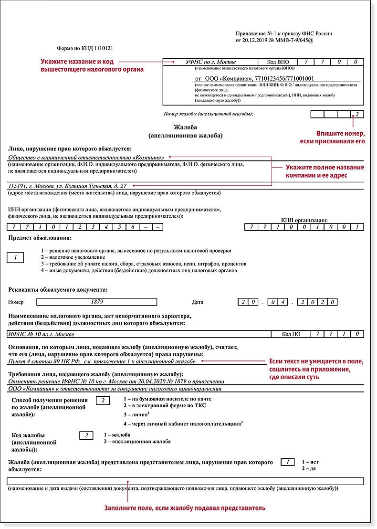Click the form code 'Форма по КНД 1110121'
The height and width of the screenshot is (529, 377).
click(84, 48)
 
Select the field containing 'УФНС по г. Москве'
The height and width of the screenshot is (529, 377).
click(210, 62)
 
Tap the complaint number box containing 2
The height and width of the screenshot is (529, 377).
click(357, 114)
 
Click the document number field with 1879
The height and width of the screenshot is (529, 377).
click(97, 302)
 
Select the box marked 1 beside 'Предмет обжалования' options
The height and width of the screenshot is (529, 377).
click(16, 258)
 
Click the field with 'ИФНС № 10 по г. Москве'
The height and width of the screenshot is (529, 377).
click(143, 334)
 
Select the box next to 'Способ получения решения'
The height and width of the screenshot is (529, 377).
click(103, 400)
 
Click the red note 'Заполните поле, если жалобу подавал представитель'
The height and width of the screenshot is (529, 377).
click(185, 508)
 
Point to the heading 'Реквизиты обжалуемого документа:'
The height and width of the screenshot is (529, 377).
click(58, 290)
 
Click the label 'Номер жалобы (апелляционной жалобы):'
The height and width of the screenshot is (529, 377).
click(208, 114)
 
